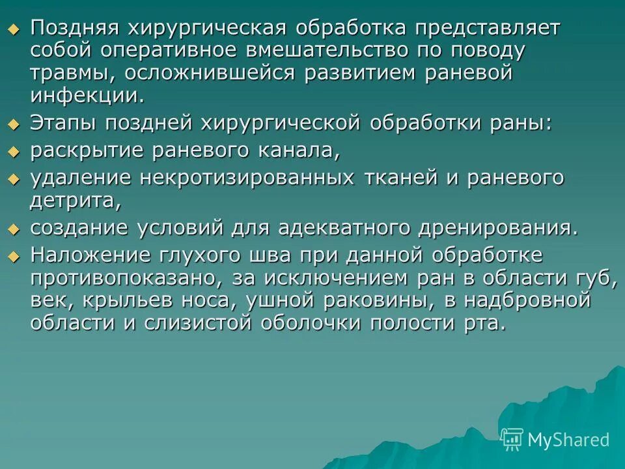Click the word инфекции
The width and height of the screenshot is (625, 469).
[x=85, y=95]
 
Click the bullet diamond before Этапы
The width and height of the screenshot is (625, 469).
[x=14, y=124]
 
